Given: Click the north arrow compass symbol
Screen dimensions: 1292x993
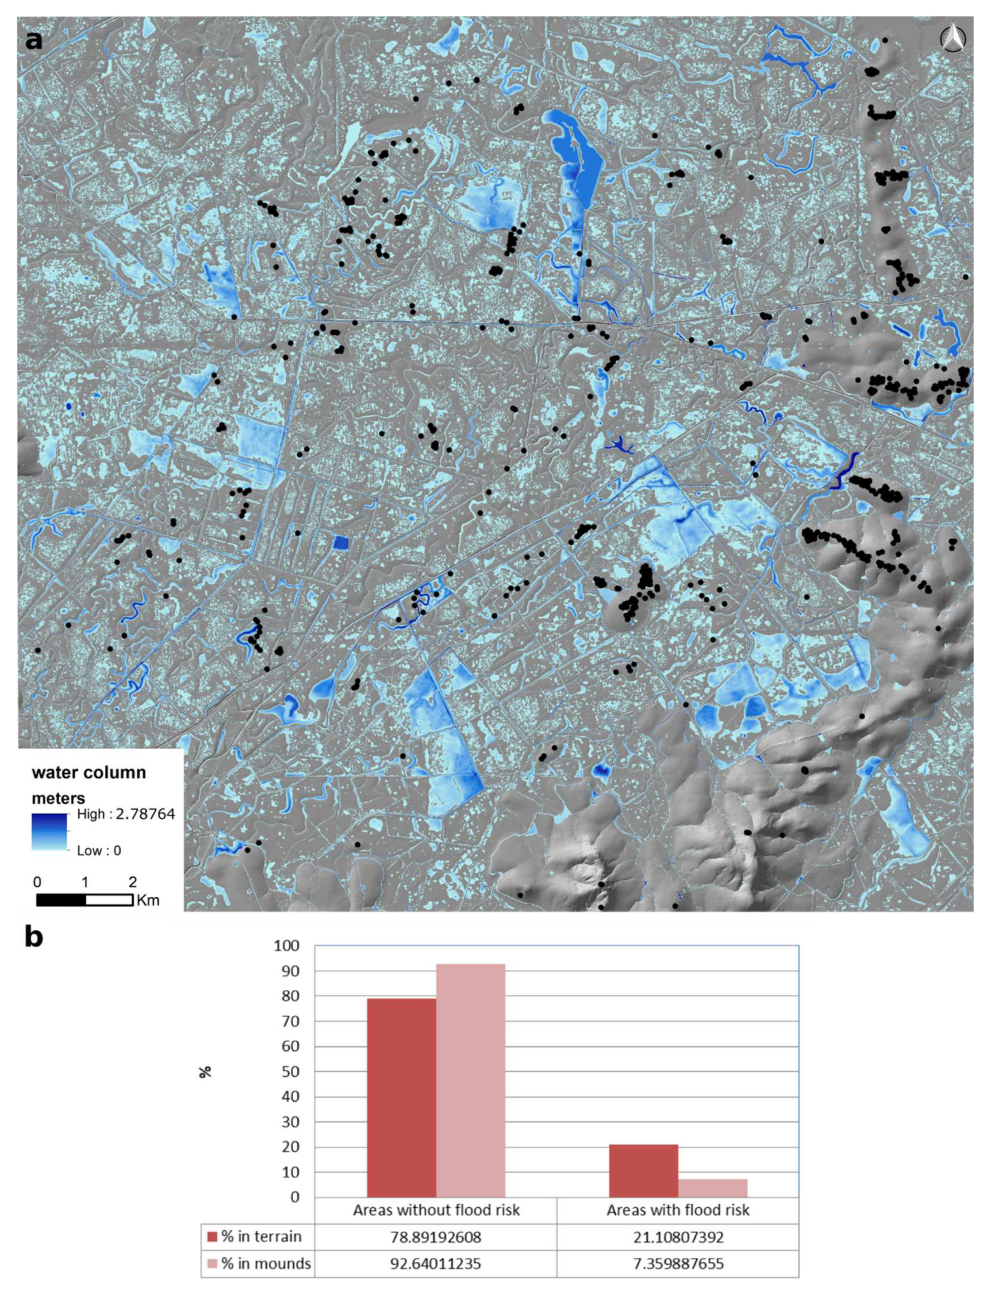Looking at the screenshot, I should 952,40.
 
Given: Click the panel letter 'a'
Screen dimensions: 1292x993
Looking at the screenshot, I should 34,41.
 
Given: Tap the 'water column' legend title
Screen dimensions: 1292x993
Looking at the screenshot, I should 89,772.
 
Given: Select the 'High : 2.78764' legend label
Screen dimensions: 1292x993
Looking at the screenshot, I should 126,814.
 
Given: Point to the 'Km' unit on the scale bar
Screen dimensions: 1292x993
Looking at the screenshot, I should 148,901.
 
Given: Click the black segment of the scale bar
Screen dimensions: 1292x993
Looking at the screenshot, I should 62,900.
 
